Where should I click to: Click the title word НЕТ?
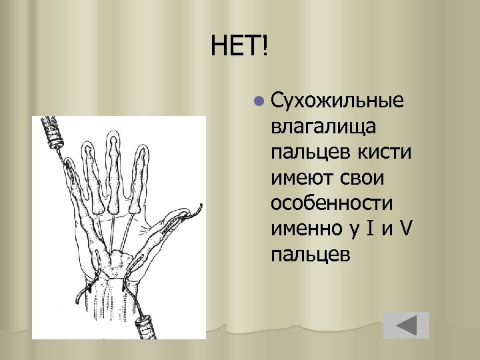tap(239, 47)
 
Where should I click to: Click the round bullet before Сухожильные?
tap(259, 102)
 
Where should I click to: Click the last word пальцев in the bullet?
tap(310, 254)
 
